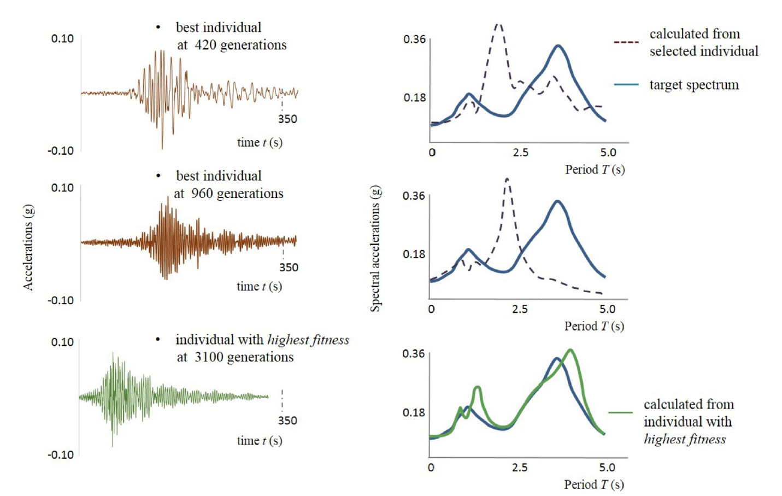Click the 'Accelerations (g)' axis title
pos(28,247)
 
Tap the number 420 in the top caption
pos(205,45)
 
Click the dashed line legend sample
pos(626,42)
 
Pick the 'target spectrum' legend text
pos(693,85)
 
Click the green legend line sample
pos(620,412)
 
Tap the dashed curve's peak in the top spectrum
pos(498,25)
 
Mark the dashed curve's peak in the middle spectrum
pos(507,179)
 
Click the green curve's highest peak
pos(571,350)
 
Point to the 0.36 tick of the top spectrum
pos(414,39)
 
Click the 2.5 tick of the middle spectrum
pos(520,310)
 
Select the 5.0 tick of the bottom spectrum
pos(607,468)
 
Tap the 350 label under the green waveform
pos(287,421)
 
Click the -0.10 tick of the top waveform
pos(61,151)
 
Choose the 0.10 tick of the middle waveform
pos(62,188)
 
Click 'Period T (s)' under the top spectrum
pos(595,170)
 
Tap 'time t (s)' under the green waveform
pos(260,441)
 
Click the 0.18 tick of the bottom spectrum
pos(414,412)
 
